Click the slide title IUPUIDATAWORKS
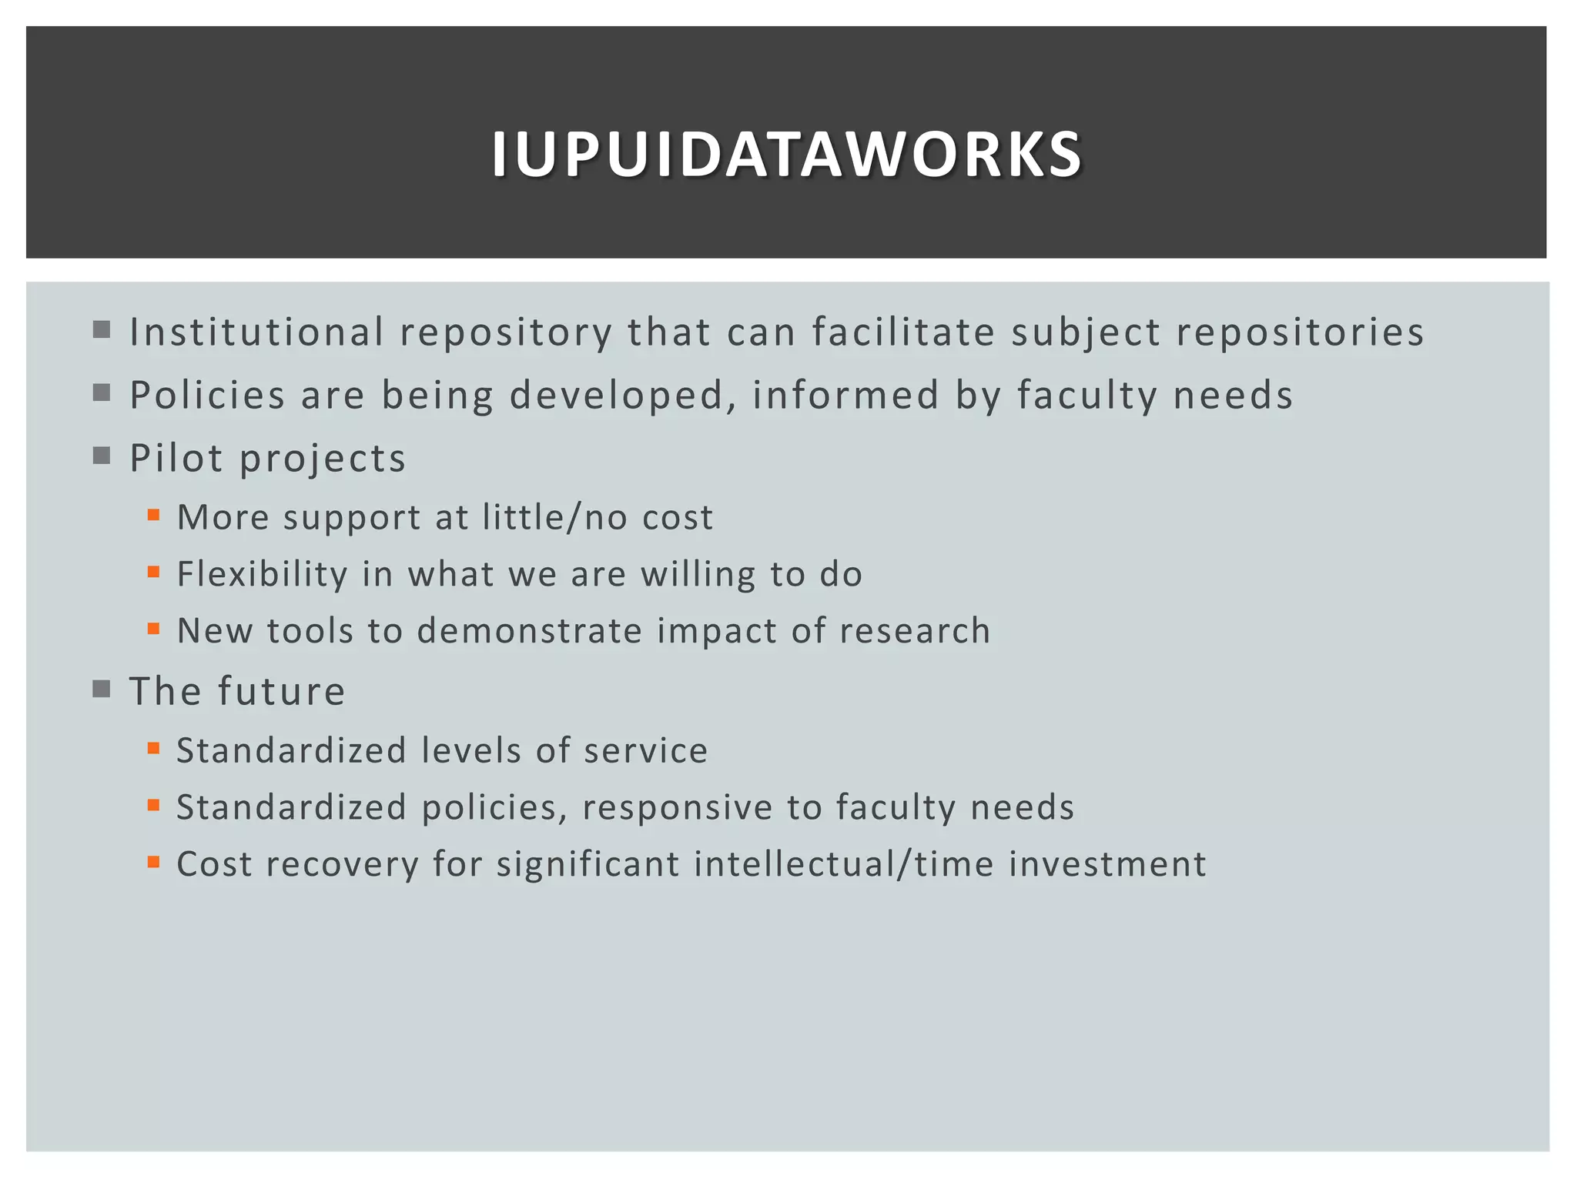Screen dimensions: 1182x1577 click(x=787, y=155)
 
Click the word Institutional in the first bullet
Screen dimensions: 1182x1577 click(x=256, y=332)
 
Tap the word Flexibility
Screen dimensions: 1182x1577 click(x=262, y=574)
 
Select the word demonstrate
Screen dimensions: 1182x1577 click(x=529, y=631)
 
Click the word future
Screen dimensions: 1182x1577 click(x=281, y=691)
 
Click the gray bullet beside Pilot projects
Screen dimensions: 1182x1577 click(x=101, y=456)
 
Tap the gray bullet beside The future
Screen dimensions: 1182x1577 click(x=101, y=688)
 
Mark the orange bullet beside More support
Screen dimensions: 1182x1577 click(x=153, y=516)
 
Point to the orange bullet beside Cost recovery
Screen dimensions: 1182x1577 click(x=153, y=863)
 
